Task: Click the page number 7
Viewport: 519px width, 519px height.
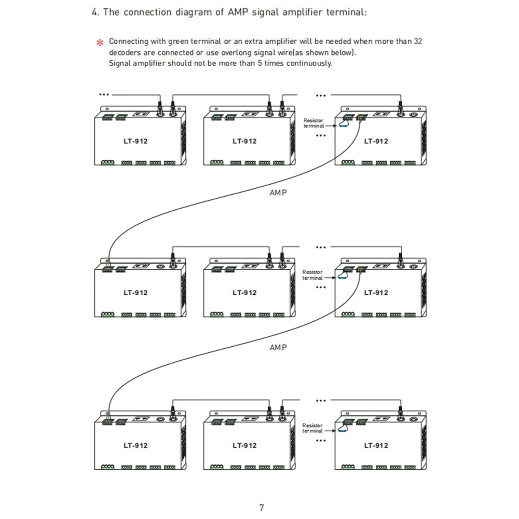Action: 262,508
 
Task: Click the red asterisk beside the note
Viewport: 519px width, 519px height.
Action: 100,43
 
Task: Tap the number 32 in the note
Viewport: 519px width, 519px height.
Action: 418,42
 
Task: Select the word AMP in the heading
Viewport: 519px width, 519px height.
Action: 238,12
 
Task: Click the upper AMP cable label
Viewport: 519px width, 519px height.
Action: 278,193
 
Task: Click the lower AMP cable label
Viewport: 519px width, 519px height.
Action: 278,348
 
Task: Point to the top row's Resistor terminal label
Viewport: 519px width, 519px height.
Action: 313,123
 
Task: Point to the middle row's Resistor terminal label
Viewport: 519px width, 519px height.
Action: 312,275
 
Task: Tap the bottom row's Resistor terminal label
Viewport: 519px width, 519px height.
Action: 312,428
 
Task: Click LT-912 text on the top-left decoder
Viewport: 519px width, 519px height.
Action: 135,141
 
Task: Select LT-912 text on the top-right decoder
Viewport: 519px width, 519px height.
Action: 376,141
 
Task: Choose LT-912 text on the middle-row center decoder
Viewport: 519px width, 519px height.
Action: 244,293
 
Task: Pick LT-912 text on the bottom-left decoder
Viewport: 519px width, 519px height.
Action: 135,445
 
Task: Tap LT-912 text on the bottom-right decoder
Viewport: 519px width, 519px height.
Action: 376,445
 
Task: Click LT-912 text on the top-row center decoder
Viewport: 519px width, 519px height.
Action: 244,141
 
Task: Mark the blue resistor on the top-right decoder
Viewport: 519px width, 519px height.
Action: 343,126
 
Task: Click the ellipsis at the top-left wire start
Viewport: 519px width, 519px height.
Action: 104,94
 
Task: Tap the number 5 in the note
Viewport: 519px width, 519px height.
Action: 260,63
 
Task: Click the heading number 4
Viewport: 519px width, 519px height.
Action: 95,12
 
